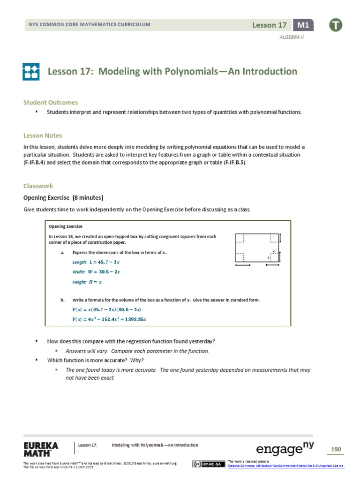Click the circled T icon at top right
tap(336, 25)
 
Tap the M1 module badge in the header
tap(303, 25)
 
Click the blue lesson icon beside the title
tap(32, 72)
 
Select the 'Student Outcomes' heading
tap(51, 102)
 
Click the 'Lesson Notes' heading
tap(43, 135)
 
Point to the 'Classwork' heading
tap(38, 186)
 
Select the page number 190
tap(336, 450)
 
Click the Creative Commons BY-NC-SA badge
tap(208, 464)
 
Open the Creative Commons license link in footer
tap(286, 466)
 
